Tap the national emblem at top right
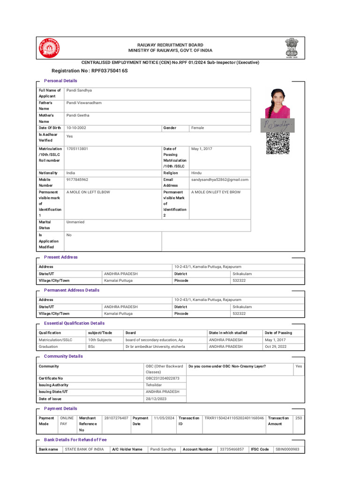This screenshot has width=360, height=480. [x=291, y=48]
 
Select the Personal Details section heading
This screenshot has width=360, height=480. [x=60, y=81]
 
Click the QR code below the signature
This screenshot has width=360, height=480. [x=277, y=143]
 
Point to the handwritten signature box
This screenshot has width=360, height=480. [x=277, y=125]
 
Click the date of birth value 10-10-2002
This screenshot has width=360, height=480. [x=76, y=128]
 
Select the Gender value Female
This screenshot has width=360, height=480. [x=197, y=128]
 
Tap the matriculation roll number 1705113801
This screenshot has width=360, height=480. [x=77, y=149]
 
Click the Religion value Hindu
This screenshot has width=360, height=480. [x=197, y=173]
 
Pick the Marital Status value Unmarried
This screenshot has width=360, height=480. [x=75, y=222]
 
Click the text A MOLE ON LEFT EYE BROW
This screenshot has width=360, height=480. [x=216, y=192]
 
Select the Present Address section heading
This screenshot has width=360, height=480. [x=61, y=257]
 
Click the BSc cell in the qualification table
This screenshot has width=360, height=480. [x=92, y=346]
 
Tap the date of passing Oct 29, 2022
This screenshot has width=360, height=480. [x=276, y=346]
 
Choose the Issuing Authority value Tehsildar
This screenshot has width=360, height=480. [x=153, y=385]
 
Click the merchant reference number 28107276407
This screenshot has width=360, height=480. [x=116, y=418]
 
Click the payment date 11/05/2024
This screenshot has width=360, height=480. [x=164, y=418]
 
